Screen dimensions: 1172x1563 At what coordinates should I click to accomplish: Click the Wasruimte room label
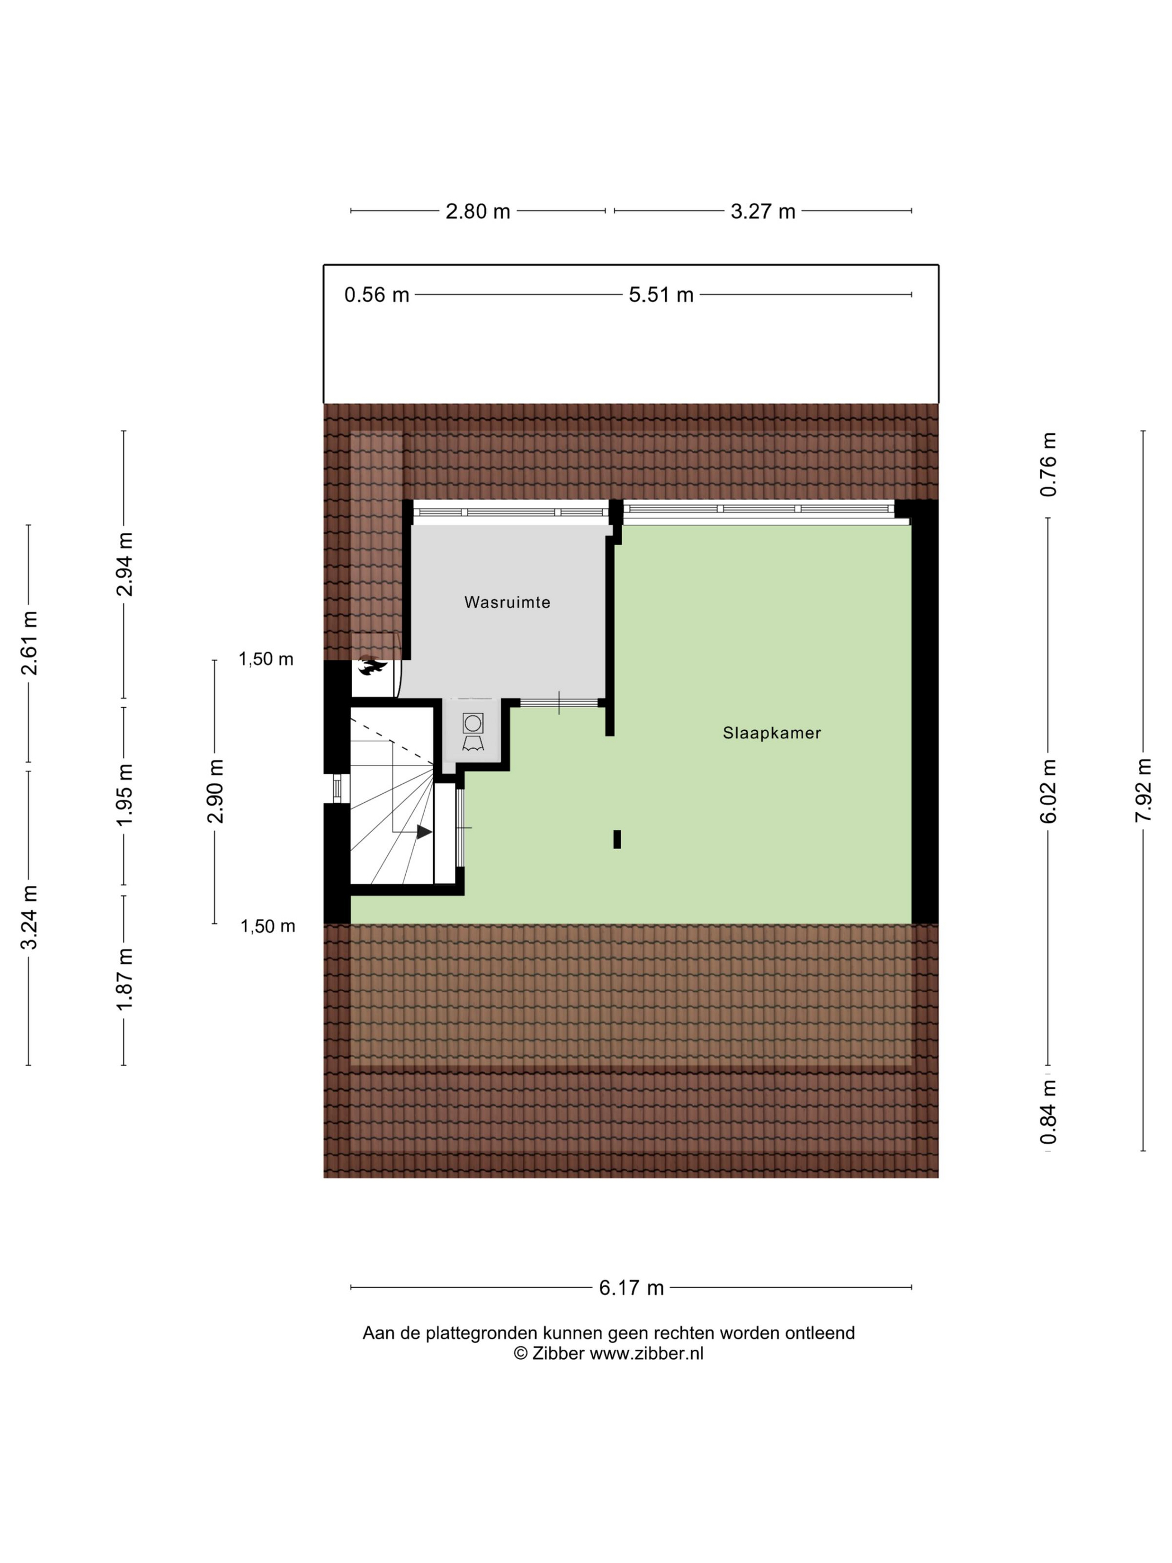click(507, 603)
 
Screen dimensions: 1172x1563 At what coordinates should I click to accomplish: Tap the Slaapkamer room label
click(771, 733)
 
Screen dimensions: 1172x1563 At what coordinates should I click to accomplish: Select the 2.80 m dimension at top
click(478, 211)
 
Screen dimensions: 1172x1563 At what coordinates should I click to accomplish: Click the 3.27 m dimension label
click(763, 211)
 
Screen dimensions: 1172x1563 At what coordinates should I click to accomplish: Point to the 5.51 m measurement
click(661, 295)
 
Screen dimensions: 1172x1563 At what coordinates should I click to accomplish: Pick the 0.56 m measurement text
click(377, 295)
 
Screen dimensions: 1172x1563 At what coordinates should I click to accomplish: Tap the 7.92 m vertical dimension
click(1143, 790)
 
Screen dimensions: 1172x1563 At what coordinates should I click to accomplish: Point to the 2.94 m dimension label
click(124, 564)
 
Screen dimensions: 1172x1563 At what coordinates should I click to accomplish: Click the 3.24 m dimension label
click(28, 917)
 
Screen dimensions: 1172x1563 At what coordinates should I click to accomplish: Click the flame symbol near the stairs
click(372, 667)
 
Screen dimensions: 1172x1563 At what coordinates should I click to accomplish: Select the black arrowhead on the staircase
click(424, 832)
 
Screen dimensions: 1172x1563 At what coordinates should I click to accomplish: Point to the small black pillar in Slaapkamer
click(617, 839)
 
